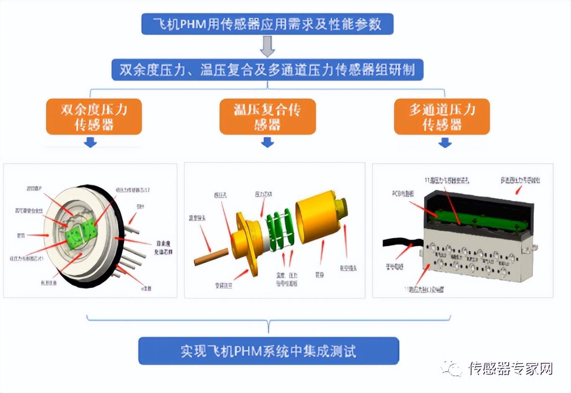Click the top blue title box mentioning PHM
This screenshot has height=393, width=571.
pos(267,24)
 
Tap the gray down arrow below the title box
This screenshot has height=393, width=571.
pos(267,46)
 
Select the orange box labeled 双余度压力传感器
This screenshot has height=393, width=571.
pos(94,117)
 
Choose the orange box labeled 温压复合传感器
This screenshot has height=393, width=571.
pos(268,117)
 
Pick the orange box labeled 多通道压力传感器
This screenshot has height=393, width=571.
pos(442,117)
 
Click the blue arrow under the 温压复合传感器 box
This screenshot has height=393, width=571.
pos(268,143)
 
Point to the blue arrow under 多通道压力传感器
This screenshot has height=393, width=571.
pos(445,143)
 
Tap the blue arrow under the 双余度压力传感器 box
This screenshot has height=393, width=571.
pos(90,143)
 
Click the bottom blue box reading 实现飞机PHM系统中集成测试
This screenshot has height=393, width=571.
pos(268,351)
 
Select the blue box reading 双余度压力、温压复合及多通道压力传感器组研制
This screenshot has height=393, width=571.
pos(267,69)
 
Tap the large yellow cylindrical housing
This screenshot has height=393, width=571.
pos(316,217)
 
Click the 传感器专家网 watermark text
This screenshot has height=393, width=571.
pos(510,368)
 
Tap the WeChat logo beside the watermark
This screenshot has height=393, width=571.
pos(451,368)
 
